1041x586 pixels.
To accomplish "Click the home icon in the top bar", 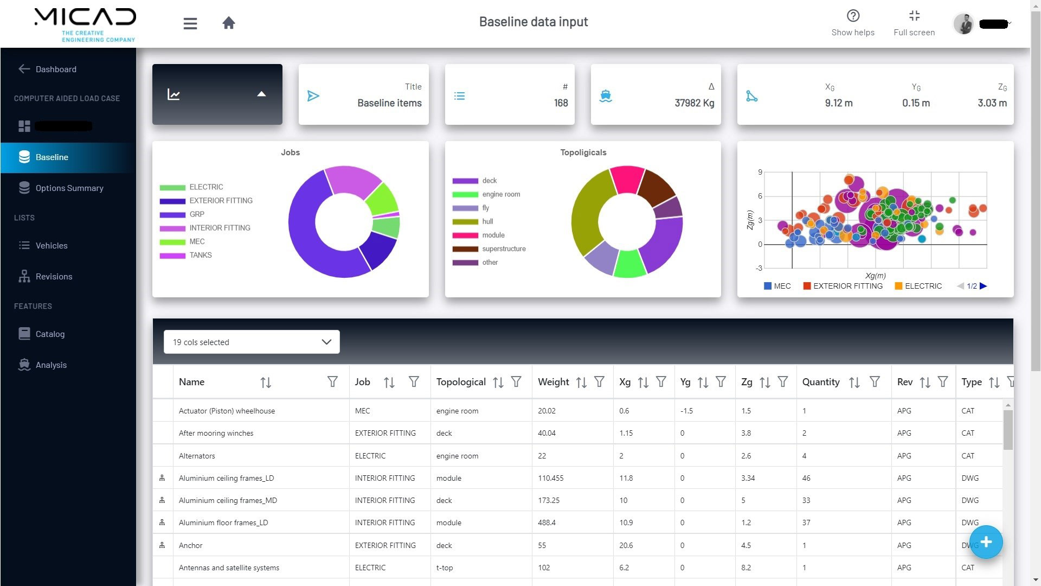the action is click(229, 23).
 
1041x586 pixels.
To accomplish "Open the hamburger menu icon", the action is click(190, 23).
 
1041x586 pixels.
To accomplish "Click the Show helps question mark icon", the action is click(853, 16).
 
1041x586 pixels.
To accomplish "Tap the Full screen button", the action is click(914, 23).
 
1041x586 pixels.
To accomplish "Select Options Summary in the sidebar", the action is click(69, 188).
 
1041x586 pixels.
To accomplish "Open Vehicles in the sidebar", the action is click(52, 245).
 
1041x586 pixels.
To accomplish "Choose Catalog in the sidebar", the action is click(50, 334).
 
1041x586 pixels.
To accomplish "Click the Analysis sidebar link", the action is click(51, 365).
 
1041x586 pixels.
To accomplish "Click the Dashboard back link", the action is click(56, 69).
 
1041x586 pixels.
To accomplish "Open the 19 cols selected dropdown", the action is click(252, 342).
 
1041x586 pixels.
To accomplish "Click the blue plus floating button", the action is click(986, 542).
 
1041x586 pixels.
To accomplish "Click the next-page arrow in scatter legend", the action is click(984, 286).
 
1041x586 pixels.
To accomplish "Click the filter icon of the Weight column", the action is click(599, 382).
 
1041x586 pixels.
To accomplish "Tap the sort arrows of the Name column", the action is click(266, 383).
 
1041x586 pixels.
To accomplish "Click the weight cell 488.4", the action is click(547, 523).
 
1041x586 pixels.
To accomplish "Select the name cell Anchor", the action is click(190, 545).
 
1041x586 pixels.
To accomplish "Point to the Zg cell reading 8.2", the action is click(746, 568).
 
